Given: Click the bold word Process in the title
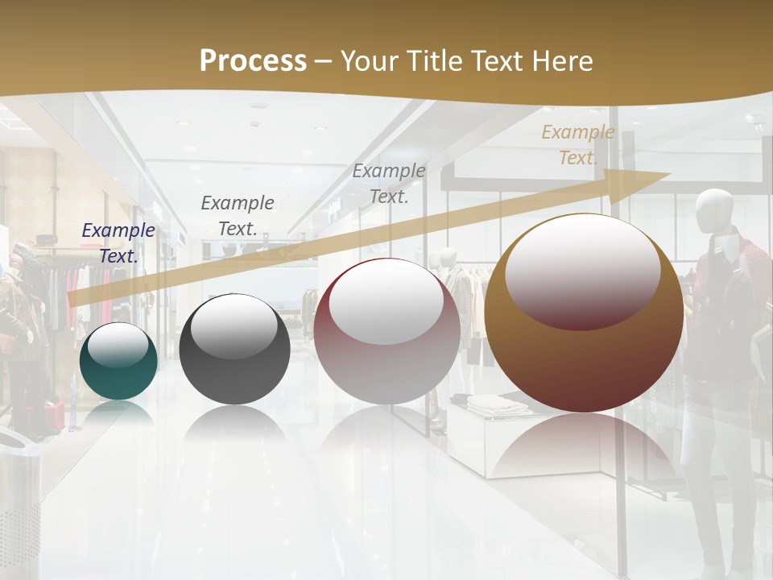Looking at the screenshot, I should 253,61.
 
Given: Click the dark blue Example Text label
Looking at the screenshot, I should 118,242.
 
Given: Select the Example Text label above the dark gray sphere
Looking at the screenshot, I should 237,215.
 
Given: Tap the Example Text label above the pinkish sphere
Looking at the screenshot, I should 389,183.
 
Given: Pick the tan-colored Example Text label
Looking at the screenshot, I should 577,145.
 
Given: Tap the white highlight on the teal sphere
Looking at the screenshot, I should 118,345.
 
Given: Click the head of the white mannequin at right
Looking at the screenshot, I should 713,210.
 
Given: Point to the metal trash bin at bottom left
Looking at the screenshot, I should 19,499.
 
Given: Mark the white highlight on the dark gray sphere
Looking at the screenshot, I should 234,324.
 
